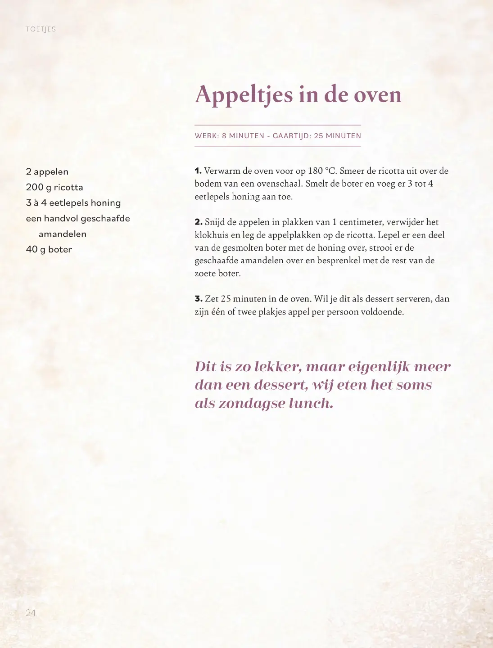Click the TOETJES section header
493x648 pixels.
coord(41,29)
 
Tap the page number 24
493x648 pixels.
coord(31,612)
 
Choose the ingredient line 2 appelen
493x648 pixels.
coord(47,171)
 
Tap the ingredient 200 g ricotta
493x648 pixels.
coord(54,187)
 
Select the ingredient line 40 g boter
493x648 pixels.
coord(49,249)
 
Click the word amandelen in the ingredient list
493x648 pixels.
coord(63,234)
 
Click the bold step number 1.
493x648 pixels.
coord(198,171)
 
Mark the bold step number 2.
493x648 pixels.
coord(199,222)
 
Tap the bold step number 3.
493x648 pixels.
coord(199,299)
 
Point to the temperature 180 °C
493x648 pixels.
coord(322,171)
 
